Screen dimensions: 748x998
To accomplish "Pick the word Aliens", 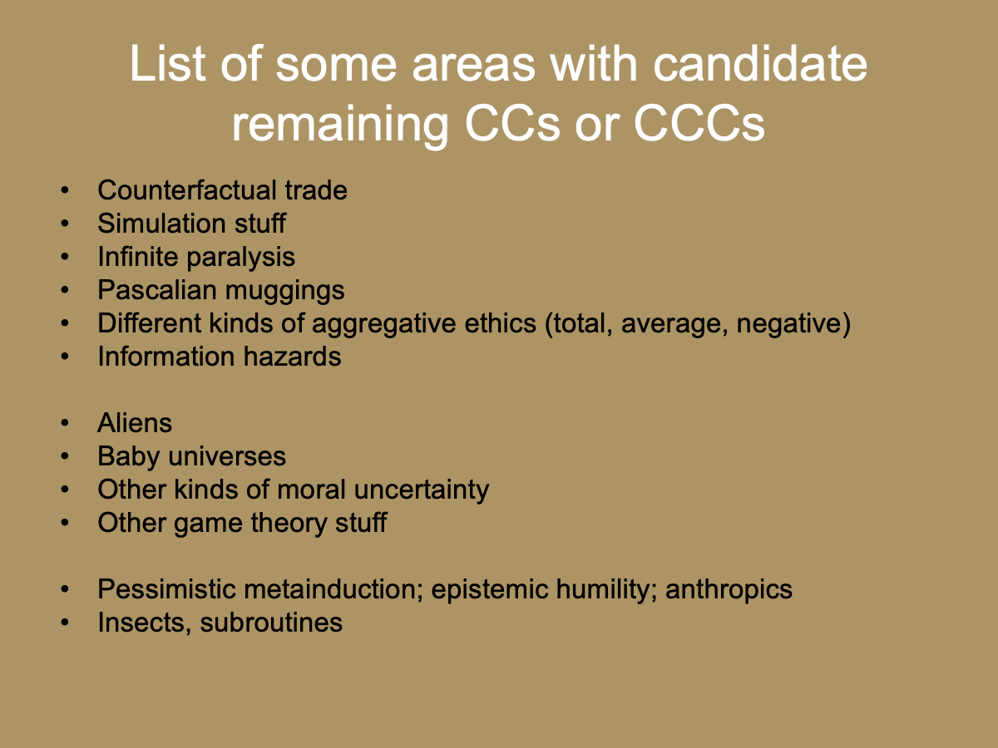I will [135, 423].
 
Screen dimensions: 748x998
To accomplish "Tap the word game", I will [202, 523].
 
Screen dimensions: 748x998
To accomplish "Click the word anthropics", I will [729, 589].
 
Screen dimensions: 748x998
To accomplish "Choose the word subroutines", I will [273, 623].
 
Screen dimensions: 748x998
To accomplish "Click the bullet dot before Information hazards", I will [65, 357].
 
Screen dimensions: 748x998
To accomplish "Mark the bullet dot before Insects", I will [65, 623].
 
